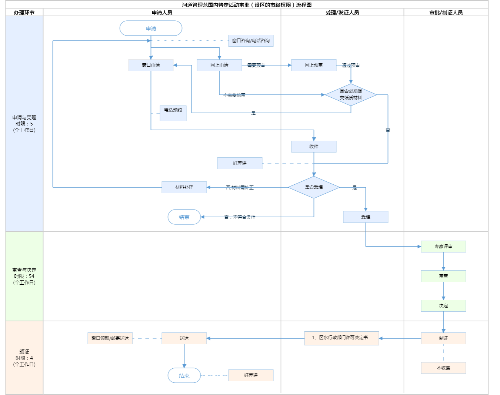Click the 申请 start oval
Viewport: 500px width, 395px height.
pyautogui.click(x=151, y=29)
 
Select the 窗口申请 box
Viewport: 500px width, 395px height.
pyautogui.click(x=151, y=65)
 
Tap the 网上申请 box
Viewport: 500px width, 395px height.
pyautogui.click(x=219, y=65)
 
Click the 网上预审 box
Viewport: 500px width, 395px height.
pyautogui.click(x=314, y=65)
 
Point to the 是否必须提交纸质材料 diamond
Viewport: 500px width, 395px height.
pyautogui.click(x=351, y=95)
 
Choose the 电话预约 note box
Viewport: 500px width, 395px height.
pyautogui.click(x=173, y=113)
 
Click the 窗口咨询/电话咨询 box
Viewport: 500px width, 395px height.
pyautogui.click(x=251, y=41)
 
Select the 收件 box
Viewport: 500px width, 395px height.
pyautogui.click(x=314, y=147)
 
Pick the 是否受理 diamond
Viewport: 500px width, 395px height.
pyautogui.click(x=314, y=187)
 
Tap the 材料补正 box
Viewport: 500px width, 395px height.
pyautogui.click(x=184, y=187)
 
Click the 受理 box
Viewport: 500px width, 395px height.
pyautogui.click(x=366, y=217)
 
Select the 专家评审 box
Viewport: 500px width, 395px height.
pyautogui.click(x=443, y=247)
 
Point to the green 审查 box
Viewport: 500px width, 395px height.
pyautogui.click(x=443, y=276)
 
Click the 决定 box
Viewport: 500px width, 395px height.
pyautogui.click(x=443, y=306)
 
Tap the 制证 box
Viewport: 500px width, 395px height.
pyautogui.click(x=443, y=338)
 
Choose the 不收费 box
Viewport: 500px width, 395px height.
pyautogui.click(x=443, y=368)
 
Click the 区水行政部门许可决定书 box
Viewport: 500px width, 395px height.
pyautogui.click(x=341, y=338)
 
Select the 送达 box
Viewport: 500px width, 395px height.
pyautogui.click(x=184, y=338)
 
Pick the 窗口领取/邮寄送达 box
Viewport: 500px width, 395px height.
pyautogui.click(x=110, y=338)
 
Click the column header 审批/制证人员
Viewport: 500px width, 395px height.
pyautogui.click(x=446, y=13)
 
